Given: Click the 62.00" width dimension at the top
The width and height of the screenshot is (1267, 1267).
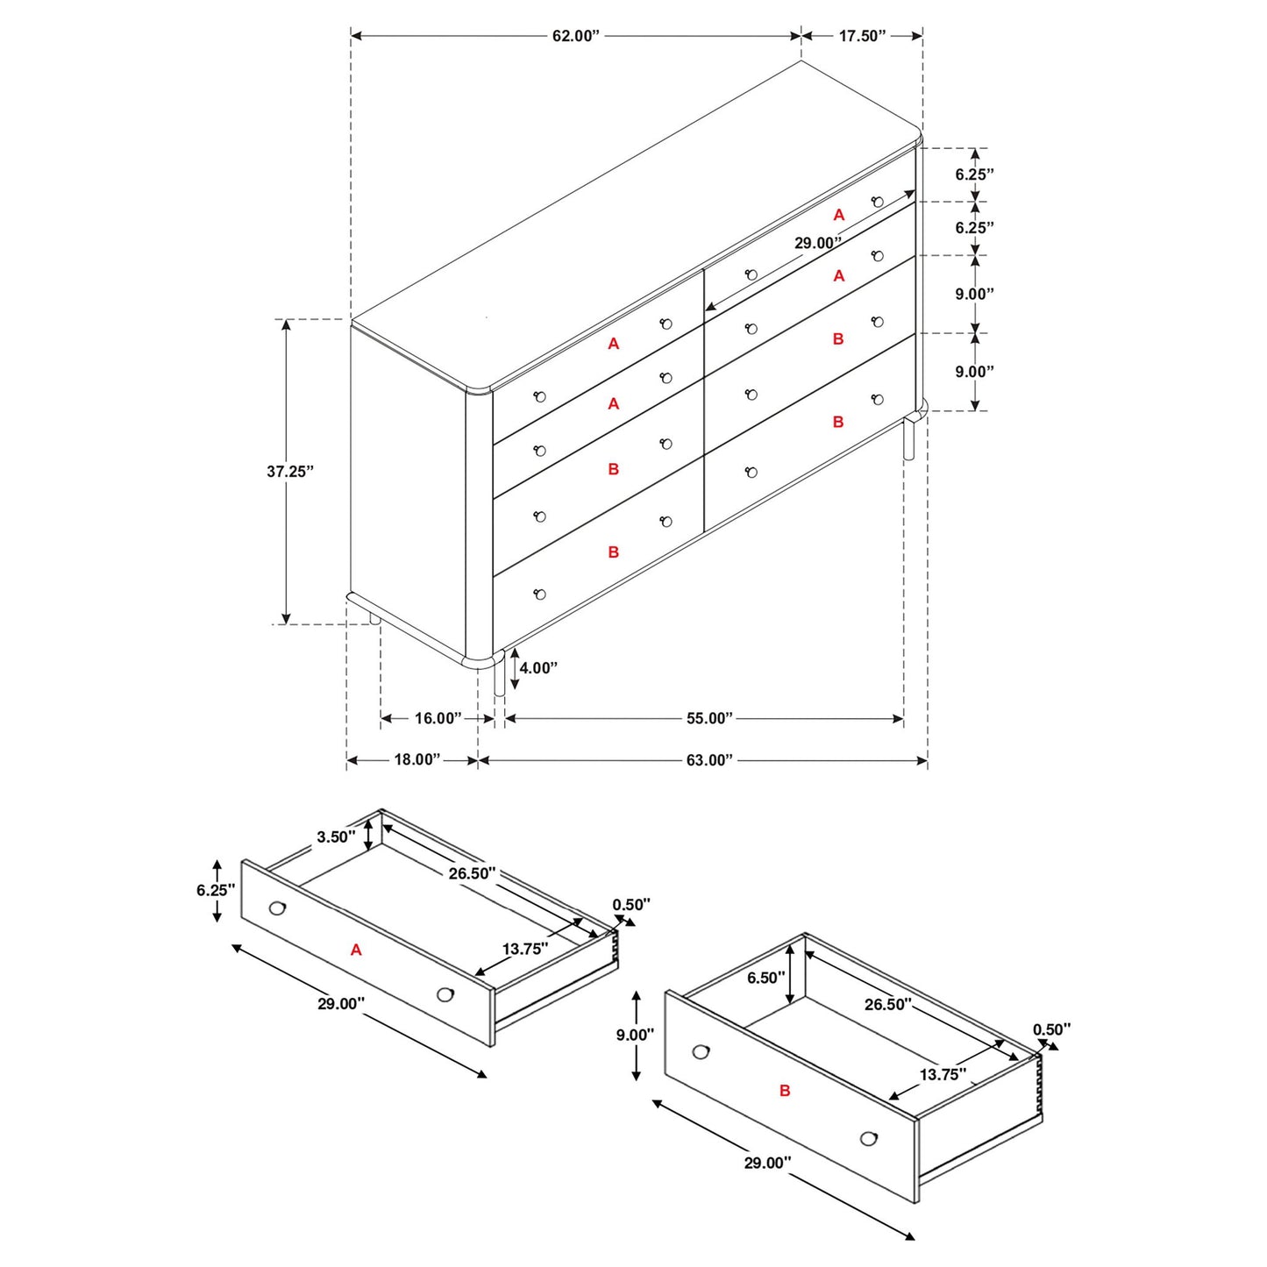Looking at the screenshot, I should pos(575,36).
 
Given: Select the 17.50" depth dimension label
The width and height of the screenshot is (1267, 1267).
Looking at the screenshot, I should pos(862,36).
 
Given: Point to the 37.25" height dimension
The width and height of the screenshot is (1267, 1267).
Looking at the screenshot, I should pos(290,472).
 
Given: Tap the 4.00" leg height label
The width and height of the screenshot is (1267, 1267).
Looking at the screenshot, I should pos(538,668).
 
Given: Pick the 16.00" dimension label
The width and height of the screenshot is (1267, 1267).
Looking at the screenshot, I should pos(438,719).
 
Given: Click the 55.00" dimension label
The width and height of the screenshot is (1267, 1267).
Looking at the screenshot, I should pos(708,719).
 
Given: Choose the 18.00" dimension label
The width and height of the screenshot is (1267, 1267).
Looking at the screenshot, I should pos(416,760).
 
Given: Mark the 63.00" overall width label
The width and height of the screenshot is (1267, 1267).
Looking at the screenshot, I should pos(708,760).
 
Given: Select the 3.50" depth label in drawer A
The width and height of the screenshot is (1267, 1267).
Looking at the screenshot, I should pos(336,837).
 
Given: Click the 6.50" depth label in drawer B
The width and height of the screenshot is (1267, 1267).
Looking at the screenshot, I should pos(765,978).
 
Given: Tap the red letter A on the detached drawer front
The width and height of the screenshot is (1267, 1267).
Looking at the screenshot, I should pos(356,950).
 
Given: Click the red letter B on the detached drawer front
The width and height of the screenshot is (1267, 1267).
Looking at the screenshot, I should pos(785,1091).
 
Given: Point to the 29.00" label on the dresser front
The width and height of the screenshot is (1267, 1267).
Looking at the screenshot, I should pos(817,244).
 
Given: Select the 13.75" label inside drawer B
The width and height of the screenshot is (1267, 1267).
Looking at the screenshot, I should pos(943,1075).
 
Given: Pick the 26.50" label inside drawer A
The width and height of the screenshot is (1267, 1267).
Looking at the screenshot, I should pos(472,873).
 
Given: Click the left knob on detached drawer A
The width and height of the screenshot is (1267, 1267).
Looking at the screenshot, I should pos(278,908).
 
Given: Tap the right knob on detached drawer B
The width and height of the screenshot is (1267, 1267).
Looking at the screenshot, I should pos(869,1138).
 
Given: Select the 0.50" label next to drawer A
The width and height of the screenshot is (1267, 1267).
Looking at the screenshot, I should pos(631,905).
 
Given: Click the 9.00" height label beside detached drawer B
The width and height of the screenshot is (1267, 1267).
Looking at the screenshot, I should pos(635,1036).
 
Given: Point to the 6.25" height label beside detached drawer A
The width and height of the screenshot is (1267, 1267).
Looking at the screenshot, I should pos(216,891).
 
